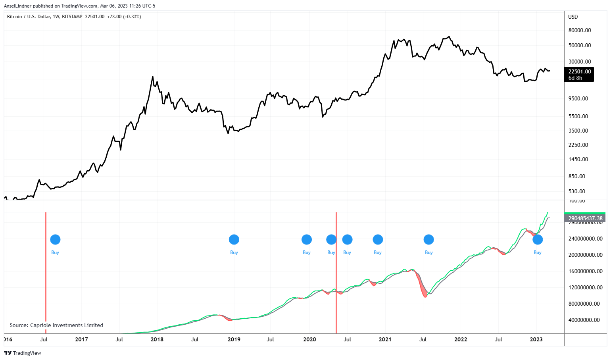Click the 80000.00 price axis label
(579, 30)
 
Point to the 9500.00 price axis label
(578, 98)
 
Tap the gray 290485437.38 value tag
(585, 218)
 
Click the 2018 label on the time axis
(157, 339)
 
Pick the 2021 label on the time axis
(385, 339)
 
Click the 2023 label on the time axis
(536, 339)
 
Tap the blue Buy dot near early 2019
(234, 240)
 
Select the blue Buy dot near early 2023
(538, 240)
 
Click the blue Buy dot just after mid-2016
(55, 240)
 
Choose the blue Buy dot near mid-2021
(429, 240)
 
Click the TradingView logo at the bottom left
(23, 353)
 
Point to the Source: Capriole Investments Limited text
(56, 325)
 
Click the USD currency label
(573, 17)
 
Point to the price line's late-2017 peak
(153, 77)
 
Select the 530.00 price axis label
(576, 191)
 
